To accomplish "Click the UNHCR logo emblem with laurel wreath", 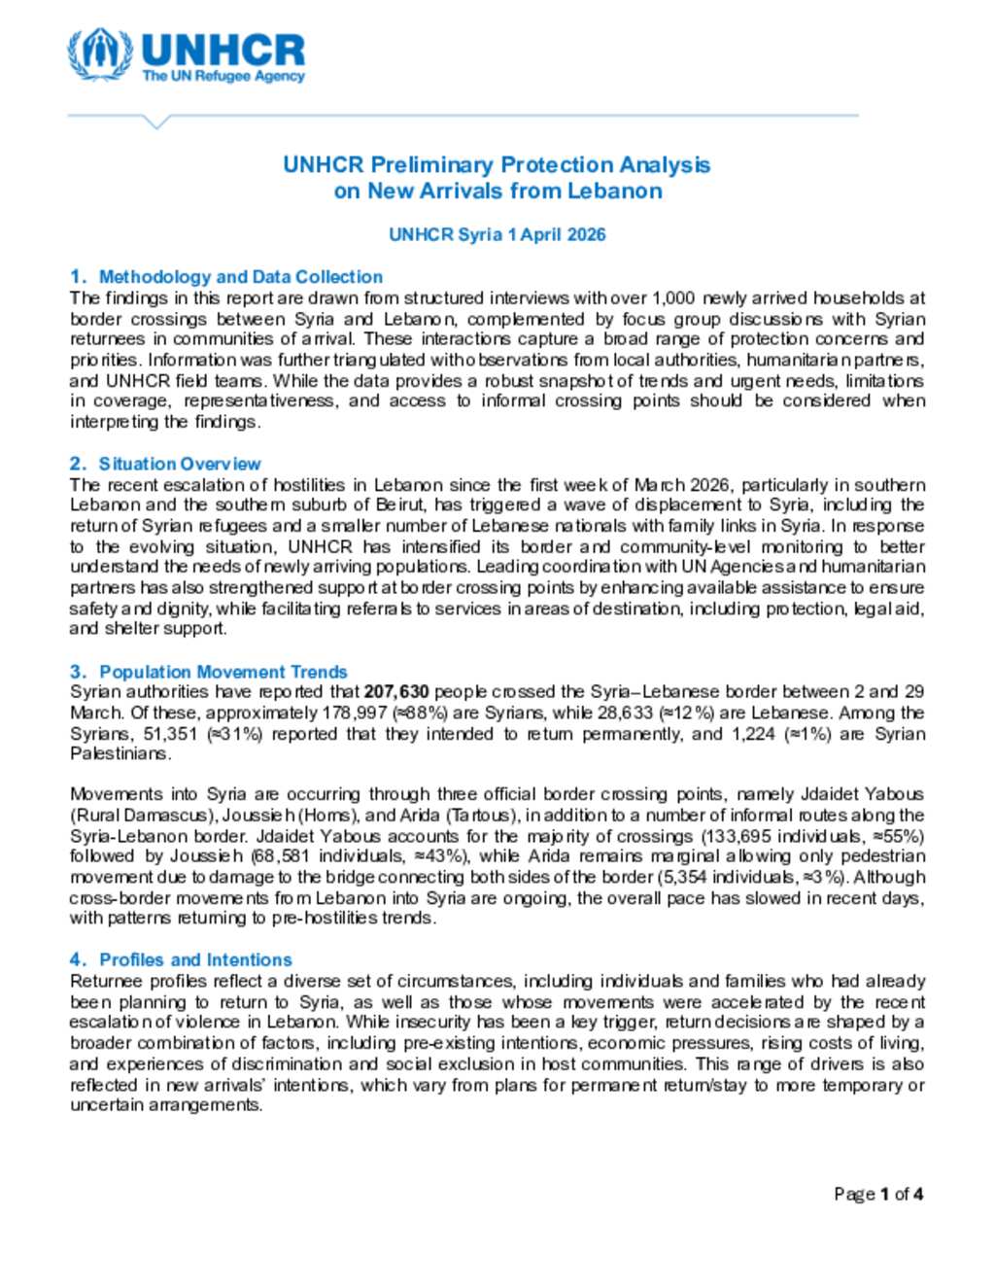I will click(x=100, y=55).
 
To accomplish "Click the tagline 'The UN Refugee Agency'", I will click(x=223, y=76).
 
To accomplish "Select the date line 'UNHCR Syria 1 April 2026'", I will click(x=497, y=234).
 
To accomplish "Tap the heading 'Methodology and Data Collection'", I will click(x=241, y=277).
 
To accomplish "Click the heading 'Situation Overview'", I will click(x=180, y=464).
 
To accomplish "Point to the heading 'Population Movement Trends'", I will click(x=223, y=672).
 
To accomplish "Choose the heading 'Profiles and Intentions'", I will click(x=195, y=959).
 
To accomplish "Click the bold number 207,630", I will click(x=396, y=692).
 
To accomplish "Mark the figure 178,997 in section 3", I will click(x=354, y=713).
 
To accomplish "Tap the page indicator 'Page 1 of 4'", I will click(x=878, y=1194).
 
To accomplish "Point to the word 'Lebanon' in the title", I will click(x=614, y=191).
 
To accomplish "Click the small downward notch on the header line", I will click(x=156, y=122).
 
